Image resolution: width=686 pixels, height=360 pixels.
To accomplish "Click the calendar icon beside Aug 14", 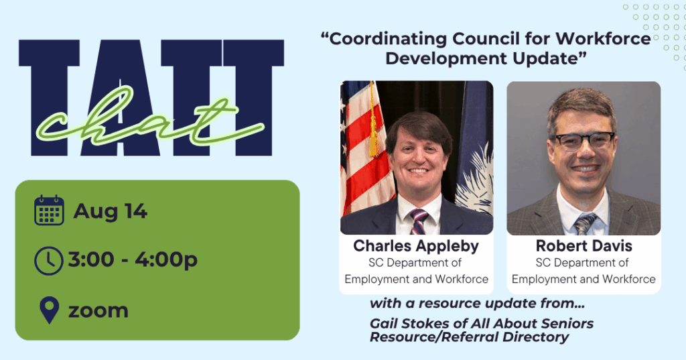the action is click(x=49, y=211).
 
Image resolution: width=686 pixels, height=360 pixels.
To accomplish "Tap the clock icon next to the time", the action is click(x=48, y=261).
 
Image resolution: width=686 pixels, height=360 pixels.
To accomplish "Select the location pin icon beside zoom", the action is click(x=50, y=310).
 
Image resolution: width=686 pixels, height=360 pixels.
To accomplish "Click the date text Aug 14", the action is click(x=111, y=211).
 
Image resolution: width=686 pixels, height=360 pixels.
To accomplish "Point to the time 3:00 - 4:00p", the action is click(x=133, y=260).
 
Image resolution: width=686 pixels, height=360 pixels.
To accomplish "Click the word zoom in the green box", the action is click(x=98, y=311).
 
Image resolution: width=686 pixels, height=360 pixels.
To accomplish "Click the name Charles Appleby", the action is click(x=416, y=246).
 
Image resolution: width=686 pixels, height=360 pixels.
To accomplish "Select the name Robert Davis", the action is click(x=584, y=245).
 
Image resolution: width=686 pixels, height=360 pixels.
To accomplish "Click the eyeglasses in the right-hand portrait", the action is click(x=582, y=141).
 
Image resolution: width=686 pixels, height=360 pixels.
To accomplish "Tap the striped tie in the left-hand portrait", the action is click(x=419, y=221).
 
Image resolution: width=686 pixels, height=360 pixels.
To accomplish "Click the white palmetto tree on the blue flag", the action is click(x=476, y=180).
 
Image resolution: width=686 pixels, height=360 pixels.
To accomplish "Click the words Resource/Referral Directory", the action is click(x=469, y=337).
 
